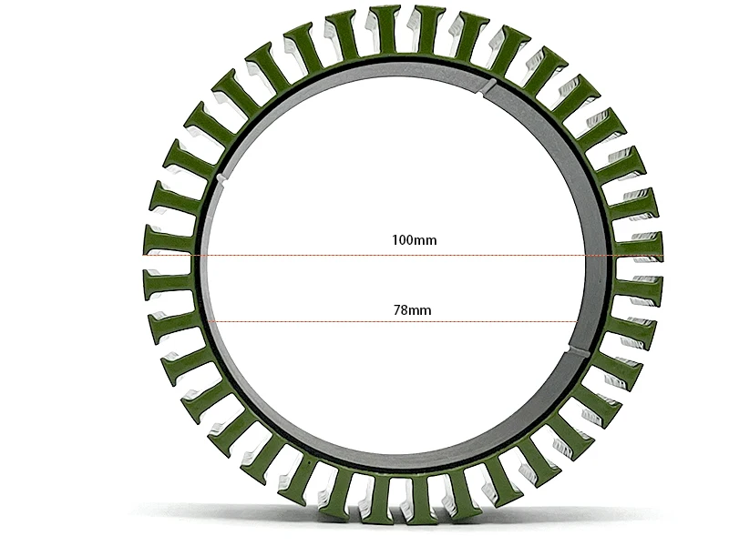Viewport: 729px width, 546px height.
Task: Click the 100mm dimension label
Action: point(414,241)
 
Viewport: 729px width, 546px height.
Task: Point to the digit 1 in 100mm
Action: point(395,241)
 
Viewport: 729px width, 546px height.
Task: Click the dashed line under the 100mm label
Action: point(401,257)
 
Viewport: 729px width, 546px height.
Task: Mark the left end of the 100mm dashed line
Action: point(144,257)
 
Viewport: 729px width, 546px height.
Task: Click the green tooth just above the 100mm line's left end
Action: point(169,241)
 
